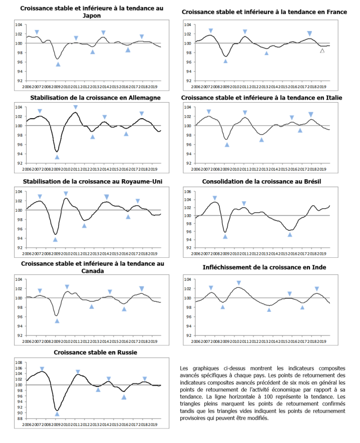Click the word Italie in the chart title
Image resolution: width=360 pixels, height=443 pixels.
click(332, 98)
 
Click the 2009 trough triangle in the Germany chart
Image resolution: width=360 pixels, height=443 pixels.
click(57, 157)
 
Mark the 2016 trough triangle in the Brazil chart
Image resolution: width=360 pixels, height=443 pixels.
click(290, 234)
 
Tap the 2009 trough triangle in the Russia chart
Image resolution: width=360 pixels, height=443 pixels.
click(57, 414)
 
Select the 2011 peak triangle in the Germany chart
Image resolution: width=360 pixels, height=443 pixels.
click(76, 107)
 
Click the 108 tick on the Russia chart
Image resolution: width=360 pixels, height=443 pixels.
click(19, 362)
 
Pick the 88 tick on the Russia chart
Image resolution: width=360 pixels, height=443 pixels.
click(20, 418)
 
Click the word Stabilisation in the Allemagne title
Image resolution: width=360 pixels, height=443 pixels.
click(52, 98)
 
